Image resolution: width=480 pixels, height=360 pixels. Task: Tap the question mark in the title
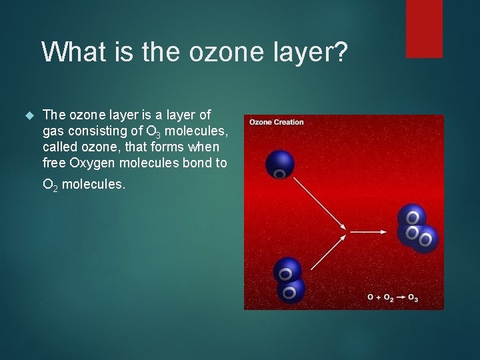340,51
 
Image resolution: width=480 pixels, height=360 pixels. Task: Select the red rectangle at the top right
424,29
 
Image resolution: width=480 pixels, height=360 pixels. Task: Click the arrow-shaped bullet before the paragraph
28,115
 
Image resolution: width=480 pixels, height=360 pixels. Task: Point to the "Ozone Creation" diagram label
277,122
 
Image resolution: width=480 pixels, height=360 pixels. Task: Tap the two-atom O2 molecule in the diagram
289,280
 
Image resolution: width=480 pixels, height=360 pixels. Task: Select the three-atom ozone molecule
416,229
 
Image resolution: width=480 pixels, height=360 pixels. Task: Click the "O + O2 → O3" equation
393,297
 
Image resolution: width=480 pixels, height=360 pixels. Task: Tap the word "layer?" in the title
313,52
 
